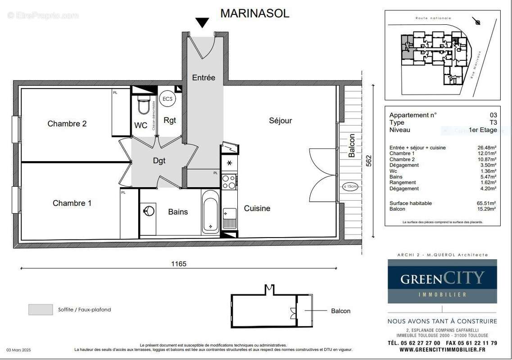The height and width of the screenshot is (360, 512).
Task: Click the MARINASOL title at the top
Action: [254, 13]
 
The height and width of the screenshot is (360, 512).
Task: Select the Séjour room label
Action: [281, 121]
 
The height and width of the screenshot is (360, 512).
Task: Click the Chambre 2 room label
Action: [67, 124]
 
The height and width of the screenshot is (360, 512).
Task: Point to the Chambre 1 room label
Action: [72, 203]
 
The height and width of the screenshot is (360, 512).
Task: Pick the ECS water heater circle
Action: [167, 99]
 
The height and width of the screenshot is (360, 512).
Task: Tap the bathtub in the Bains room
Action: [210, 211]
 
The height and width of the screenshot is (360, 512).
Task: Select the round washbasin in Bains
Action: [148, 211]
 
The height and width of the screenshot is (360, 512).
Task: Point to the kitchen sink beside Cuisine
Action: [229, 218]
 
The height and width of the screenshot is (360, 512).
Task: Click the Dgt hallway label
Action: [159, 161]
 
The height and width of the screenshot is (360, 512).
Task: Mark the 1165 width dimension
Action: [179, 264]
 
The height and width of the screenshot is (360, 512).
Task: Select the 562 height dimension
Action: [369, 161]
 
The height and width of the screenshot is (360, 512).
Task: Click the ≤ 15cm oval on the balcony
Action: [350, 186]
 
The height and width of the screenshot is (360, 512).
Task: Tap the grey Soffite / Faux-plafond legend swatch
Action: [41, 310]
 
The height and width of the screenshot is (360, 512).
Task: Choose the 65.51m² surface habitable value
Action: [486, 203]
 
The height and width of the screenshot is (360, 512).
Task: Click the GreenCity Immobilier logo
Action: [442, 281]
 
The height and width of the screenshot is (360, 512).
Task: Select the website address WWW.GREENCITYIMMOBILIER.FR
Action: [442, 350]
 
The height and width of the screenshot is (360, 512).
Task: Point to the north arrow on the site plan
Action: [477, 22]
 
